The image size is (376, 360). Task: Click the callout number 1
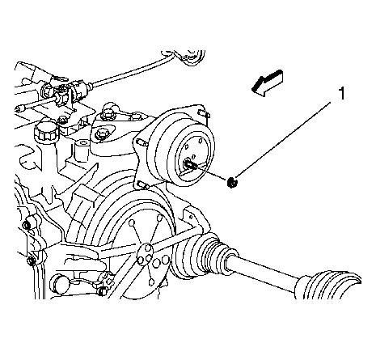341,93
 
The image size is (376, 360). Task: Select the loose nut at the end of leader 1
232,182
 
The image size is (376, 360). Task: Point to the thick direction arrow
267,83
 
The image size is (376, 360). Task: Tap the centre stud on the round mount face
189,164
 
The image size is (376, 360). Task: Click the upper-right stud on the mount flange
204,112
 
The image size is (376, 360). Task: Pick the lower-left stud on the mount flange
143,184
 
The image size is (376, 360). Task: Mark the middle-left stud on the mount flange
142,142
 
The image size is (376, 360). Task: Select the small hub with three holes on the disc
146,252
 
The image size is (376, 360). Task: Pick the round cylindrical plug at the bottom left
60,284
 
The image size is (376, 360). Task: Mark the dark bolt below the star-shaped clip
102,291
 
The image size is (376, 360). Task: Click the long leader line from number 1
284,139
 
